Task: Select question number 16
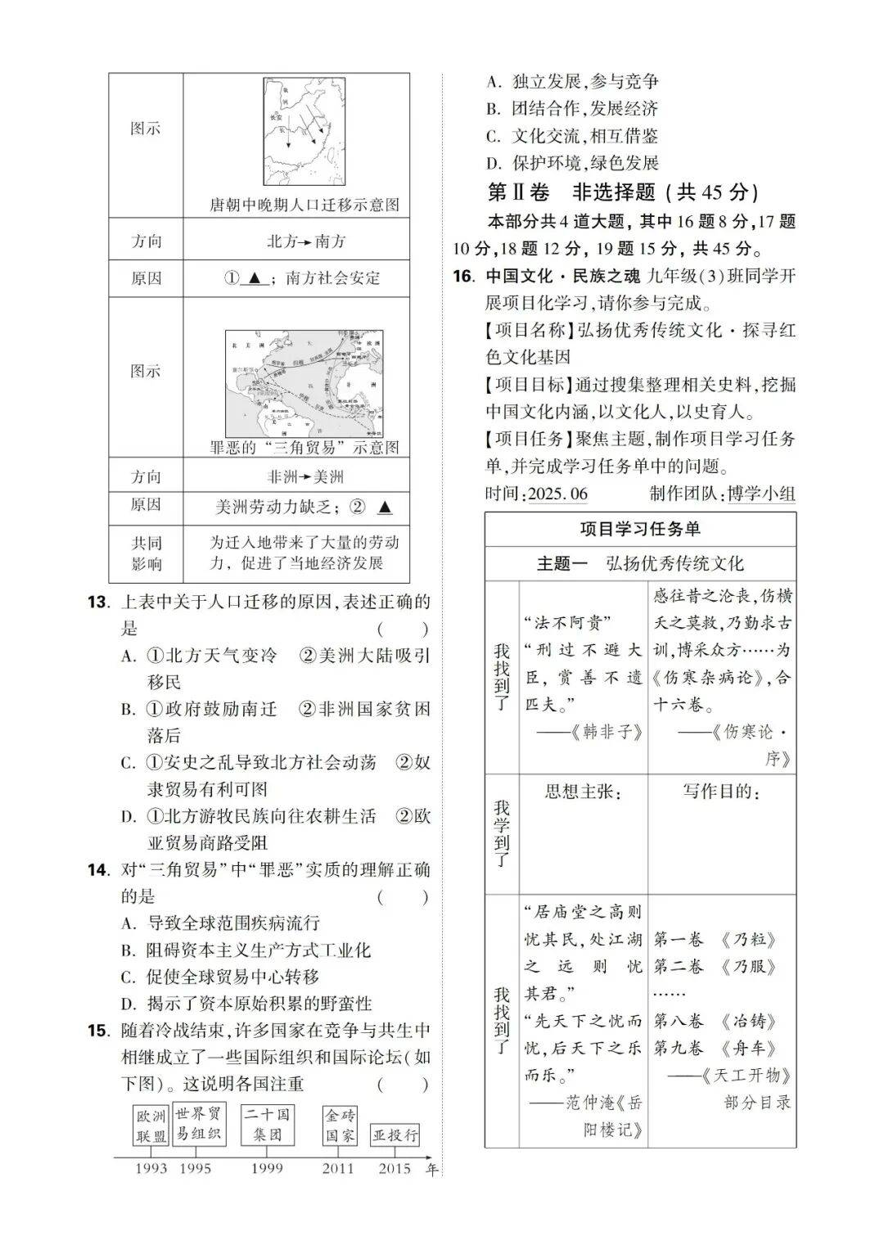tap(463, 276)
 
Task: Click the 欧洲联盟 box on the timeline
tap(151, 1126)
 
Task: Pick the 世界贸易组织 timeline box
tap(198, 1123)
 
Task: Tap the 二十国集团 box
tap(267, 1124)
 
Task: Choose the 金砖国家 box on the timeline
tap(340, 1126)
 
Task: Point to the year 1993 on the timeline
tap(151, 1168)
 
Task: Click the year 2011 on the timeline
tap(338, 1168)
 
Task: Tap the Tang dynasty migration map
tap(305, 131)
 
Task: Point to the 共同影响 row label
tap(146, 553)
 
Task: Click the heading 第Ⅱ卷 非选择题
tap(623, 192)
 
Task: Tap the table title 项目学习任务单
tap(639, 530)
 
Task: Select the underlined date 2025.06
tap(558, 494)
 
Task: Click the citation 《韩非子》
tap(606, 732)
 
